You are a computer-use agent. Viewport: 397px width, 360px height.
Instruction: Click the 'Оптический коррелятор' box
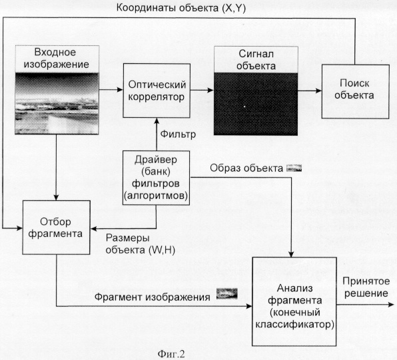[x=157, y=90]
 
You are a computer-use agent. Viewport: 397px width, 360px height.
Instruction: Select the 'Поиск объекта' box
[x=355, y=91]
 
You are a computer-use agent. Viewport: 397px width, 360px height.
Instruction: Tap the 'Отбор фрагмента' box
[x=56, y=228]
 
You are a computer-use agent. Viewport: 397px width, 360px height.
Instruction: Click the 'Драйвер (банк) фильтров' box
[x=156, y=178]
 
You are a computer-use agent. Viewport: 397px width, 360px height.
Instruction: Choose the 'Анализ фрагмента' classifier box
[x=294, y=301]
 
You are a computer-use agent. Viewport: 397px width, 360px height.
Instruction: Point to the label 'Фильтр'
[x=178, y=134]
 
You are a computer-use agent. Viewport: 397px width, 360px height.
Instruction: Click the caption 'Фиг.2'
[x=171, y=353]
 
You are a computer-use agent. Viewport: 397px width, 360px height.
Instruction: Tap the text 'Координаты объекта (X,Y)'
[x=181, y=9]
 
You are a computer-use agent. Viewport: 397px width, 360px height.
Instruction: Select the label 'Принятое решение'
[x=366, y=287]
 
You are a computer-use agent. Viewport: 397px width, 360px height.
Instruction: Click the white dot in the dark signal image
[x=244, y=106]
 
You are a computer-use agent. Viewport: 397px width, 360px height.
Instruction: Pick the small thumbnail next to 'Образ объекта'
[x=294, y=168]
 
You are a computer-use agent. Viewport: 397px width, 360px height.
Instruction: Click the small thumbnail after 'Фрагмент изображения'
[x=227, y=293]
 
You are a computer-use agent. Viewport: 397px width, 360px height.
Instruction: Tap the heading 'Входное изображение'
[x=56, y=58]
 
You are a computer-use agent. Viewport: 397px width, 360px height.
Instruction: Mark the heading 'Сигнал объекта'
[x=256, y=60]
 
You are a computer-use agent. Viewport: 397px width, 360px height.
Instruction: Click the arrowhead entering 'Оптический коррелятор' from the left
[x=121, y=89]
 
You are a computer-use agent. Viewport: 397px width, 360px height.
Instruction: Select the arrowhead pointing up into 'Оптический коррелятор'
[x=157, y=121]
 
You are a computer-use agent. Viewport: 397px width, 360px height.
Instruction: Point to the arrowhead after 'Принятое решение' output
[x=392, y=305]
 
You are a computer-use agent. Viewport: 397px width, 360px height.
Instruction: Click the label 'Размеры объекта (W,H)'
[x=141, y=244]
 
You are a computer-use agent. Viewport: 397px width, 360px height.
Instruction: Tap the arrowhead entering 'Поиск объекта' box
[x=318, y=90]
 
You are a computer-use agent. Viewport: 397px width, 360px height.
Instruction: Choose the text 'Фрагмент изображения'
[x=153, y=297]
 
